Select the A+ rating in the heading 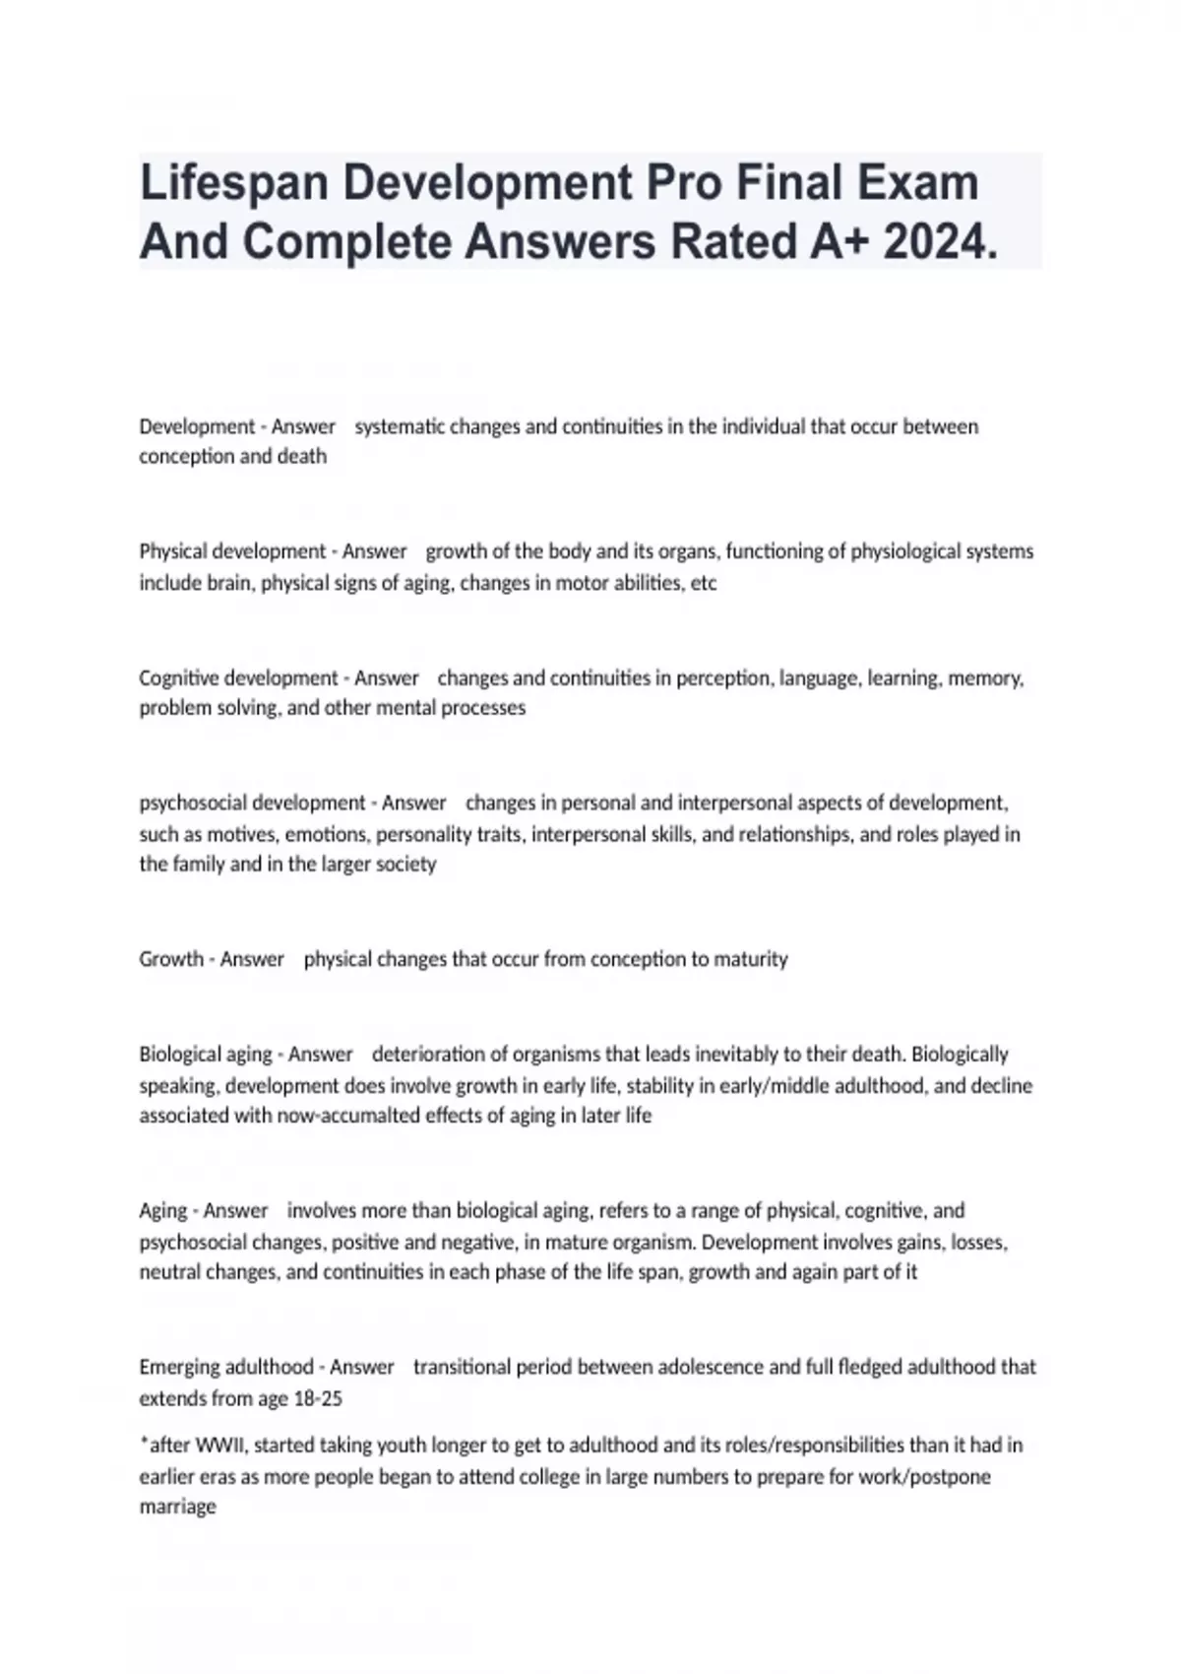pos(839,242)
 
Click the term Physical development pos(232,551)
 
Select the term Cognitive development pos(238,678)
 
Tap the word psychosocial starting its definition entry pos(193,804)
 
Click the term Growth pos(171,959)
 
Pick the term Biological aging pos(206,1055)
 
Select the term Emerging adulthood pos(226,1367)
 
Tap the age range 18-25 pos(318,1398)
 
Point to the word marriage pos(177,1508)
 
